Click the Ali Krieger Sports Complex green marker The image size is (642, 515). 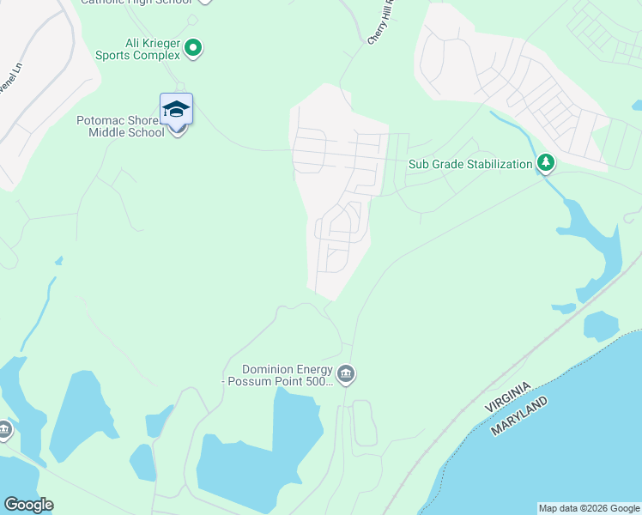pos(193,48)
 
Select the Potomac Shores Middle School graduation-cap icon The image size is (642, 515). pos(176,110)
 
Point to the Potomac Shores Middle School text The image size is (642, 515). pos(121,127)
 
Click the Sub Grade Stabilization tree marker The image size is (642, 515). pos(544,163)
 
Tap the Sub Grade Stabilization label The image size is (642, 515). pos(469,164)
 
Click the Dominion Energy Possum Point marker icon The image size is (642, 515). pos(347,374)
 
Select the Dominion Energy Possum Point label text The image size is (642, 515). pos(278,375)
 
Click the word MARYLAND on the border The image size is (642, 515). pos(520,415)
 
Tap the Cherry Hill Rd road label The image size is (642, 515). pos(383,22)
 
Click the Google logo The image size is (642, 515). pos(28,505)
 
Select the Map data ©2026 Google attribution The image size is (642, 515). pos(589,508)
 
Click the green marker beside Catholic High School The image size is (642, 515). pos(203,3)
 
